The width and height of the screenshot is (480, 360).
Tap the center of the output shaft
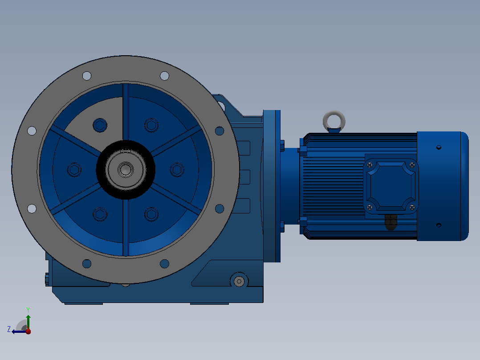point(126,169)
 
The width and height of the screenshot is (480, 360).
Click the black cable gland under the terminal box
point(391,222)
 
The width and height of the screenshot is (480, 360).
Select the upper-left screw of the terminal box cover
point(370,165)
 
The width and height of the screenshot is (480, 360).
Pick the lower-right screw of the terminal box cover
point(412,208)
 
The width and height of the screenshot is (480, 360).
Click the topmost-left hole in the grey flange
point(87,76)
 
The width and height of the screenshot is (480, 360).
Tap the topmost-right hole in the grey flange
point(164,76)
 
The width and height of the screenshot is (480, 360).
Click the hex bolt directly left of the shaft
point(74,170)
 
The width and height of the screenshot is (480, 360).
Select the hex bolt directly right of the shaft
point(177,170)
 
